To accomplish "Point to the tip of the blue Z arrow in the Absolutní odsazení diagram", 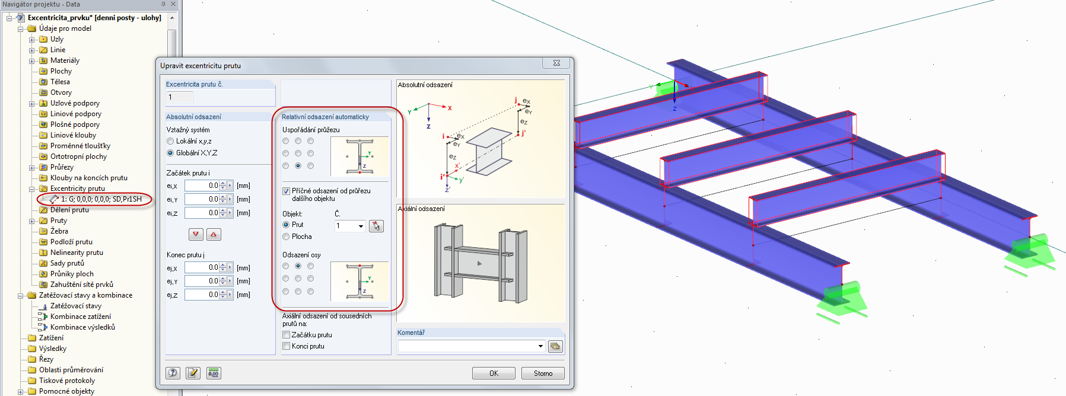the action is pos(429,122).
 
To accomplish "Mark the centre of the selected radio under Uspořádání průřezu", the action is pos(298,166).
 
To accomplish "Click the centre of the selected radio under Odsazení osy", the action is pos(298,266).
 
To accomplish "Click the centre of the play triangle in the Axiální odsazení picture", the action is pos(480,263).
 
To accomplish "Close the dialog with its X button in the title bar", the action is pos(556,63).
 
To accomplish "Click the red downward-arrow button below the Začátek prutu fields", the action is pos(196,234).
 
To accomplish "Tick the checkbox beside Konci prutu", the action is pos(287,346).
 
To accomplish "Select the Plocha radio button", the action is pos(287,237).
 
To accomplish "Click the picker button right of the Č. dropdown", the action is pos(376,226).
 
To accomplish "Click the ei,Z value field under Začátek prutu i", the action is pos(202,213).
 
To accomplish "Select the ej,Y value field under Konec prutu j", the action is pos(202,281).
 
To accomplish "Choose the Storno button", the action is pos(543,373).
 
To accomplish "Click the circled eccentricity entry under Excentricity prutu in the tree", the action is pos(101,199).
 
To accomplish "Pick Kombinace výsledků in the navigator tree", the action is pos(82,327).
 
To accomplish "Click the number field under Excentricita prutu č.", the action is pos(180,97).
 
